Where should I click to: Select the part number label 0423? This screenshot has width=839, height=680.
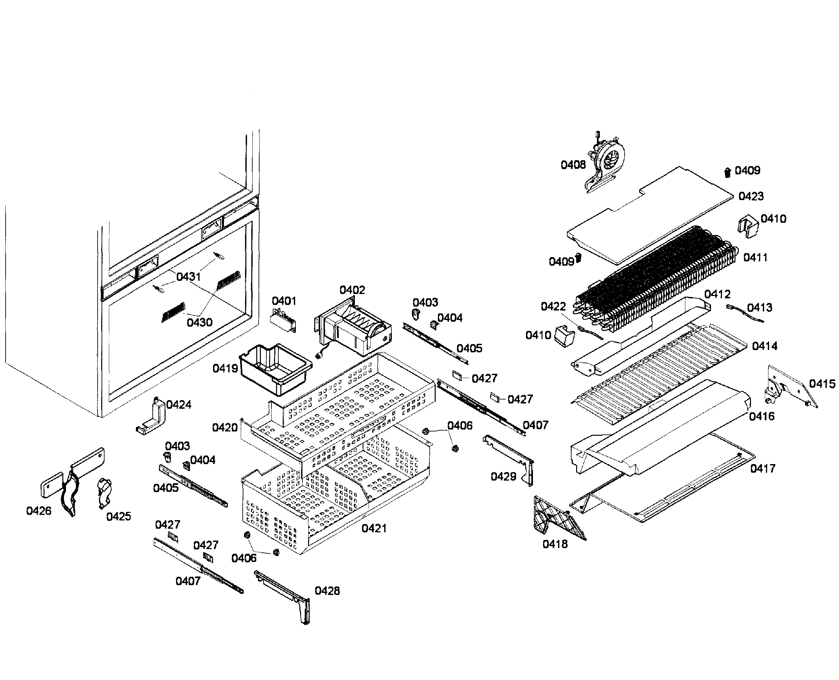tap(751, 196)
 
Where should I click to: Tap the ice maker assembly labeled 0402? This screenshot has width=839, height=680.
tap(355, 329)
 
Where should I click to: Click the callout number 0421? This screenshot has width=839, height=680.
tap(374, 528)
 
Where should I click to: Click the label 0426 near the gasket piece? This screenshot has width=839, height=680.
tap(38, 511)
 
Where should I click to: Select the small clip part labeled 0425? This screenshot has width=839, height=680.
tap(104, 491)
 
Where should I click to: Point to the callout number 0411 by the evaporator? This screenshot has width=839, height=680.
tap(755, 257)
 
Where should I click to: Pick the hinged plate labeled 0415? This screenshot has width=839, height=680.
tap(790, 386)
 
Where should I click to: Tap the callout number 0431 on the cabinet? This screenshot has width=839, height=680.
tap(189, 277)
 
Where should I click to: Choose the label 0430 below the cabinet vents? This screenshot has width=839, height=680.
tap(200, 322)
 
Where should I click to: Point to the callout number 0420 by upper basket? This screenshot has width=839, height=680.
tap(225, 428)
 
